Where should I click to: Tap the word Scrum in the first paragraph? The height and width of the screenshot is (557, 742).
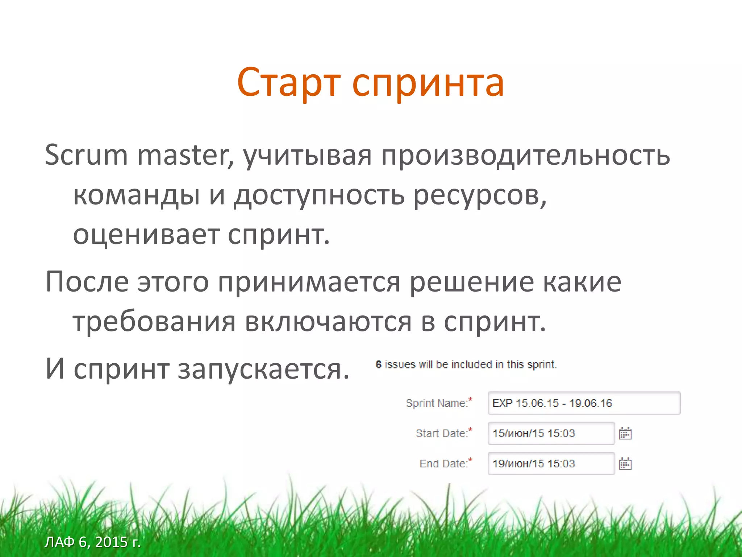tap(86, 155)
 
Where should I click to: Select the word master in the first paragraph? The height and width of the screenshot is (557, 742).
tap(185, 155)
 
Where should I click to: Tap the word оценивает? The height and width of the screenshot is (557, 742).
tap(146, 235)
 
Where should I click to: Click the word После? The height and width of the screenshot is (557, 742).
tap(87, 282)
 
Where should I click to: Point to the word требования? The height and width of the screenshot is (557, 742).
tap(154, 322)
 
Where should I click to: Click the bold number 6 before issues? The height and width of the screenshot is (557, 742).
tap(379, 364)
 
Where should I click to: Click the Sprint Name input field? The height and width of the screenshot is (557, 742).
tap(584, 403)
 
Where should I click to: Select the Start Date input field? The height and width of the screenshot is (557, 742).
tap(551, 433)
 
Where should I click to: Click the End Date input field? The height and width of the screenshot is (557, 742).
tap(551, 463)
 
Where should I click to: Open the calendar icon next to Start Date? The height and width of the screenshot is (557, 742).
tap(625, 433)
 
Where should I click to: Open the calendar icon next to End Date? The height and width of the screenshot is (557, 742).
tap(625, 463)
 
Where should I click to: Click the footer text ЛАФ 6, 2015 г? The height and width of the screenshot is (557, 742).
tap(92, 542)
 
